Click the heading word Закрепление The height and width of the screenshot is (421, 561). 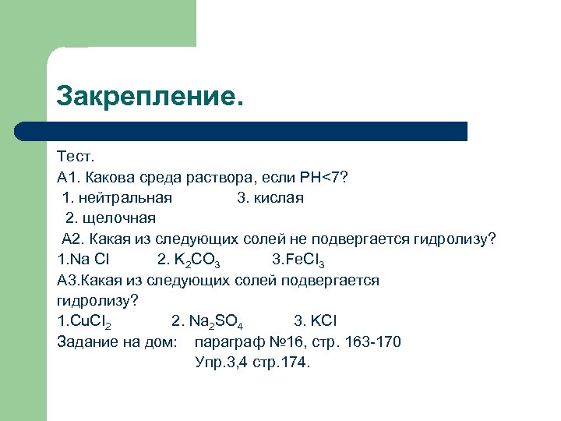pyautogui.click(x=150, y=97)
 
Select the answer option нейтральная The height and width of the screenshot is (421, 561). pyautogui.click(x=126, y=197)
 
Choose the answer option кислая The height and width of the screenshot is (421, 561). pyautogui.click(x=278, y=197)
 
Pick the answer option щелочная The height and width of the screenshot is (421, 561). pyautogui.click(x=118, y=218)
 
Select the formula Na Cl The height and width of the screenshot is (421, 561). pyautogui.click(x=86, y=259)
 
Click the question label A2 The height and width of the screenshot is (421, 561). pyautogui.click(x=72, y=239)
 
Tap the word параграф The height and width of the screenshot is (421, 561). pyautogui.click(x=230, y=341)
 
